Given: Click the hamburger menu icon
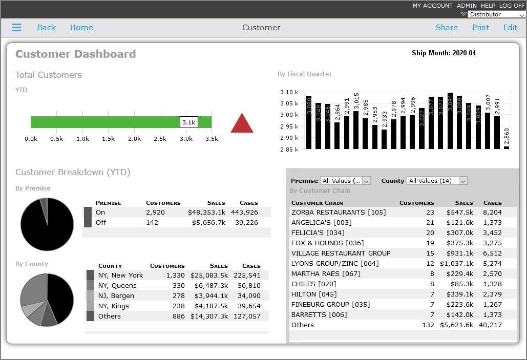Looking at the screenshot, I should pyautogui.click(x=17, y=28).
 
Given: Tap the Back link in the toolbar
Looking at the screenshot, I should pyautogui.click(x=46, y=28).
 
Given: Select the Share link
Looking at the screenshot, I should pyautogui.click(x=447, y=28).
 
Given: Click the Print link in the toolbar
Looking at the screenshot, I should pyautogui.click(x=480, y=28).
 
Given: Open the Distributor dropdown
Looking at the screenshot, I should pyautogui.click(x=496, y=14).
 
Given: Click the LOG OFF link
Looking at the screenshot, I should pyautogui.click(x=512, y=6).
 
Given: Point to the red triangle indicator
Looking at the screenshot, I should pyautogui.click(x=242, y=123).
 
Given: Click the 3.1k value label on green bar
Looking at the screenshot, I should pyautogui.click(x=188, y=122).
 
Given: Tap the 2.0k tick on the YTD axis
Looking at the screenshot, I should pyautogui.click(x=134, y=139).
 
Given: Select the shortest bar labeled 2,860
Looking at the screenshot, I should pyautogui.click(x=507, y=147).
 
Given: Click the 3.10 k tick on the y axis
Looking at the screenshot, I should pyautogui.click(x=289, y=92).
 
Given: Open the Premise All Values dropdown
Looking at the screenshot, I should pyautogui.click(x=345, y=181).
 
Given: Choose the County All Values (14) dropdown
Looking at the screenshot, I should pyautogui.click(x=437, y=181).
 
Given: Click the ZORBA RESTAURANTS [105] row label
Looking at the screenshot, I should pyautogui.click(x=339, y=212).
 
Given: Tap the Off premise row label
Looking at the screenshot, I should pyautogui.click(x=100, y=222).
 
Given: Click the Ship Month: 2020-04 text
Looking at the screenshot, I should pyautogui.click(x=444, y=53).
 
